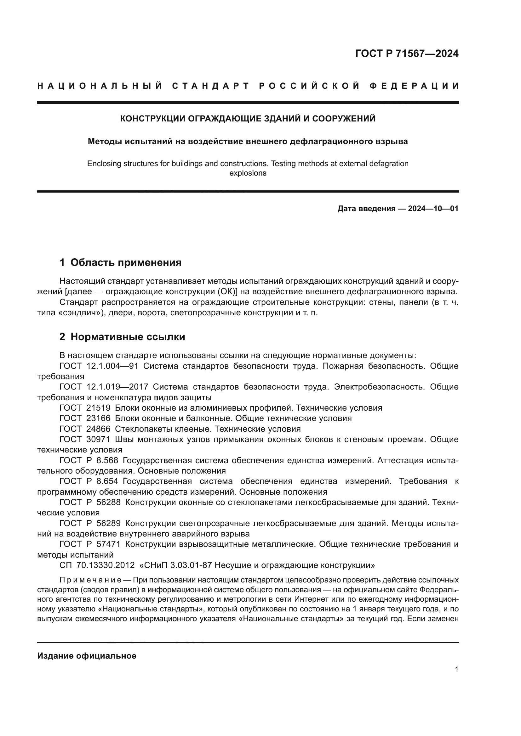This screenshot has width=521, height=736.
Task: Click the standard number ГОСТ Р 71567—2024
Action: pyautogui.click(x=407, y=53)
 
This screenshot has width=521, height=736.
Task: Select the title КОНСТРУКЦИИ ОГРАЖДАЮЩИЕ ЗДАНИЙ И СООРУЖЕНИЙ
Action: pyautogui.click(x=248, y=119)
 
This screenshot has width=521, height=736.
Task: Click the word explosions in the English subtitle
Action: pyautogui.click(x=248, y=173)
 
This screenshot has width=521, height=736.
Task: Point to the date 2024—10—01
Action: pyautogui.click(x=433, y=209)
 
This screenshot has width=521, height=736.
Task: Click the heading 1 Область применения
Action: pyautogui.click(x=121, y=262)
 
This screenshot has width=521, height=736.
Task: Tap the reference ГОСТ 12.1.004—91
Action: pyautogui.click(x=99, y=366)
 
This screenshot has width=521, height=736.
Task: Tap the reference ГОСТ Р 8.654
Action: pyautogui.click(x=89, y=481)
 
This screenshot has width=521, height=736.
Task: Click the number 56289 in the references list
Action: pyautogui.click(x=108, y=524)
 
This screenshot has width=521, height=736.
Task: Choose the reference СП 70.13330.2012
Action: pyautogui.click(x=97, y=565)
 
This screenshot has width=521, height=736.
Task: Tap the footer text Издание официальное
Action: pyautogui.click(x=87, y=656)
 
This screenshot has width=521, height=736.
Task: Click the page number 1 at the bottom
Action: pyautogui.click(x=456, y=670)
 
